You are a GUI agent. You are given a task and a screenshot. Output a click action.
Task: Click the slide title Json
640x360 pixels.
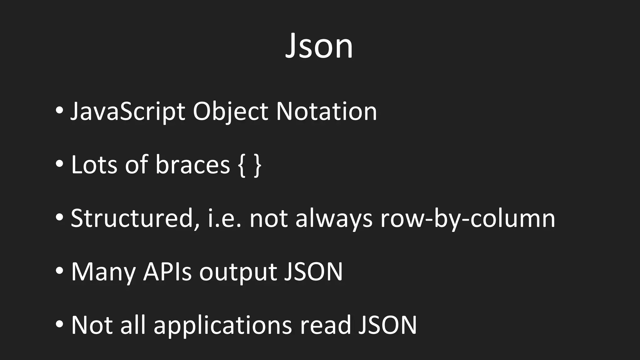tap(319, 46)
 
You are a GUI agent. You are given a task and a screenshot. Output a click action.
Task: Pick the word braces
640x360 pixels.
tap(192, 165)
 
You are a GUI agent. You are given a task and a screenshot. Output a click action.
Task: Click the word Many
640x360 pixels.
tap(103, 272)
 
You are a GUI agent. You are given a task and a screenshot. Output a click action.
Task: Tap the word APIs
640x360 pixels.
tap(167, 272)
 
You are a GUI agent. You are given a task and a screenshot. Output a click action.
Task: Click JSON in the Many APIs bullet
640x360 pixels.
tap(313, 272)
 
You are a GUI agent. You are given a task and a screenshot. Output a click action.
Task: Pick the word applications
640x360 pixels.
tap(222, 325)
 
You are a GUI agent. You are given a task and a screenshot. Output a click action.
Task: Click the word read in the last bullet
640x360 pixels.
tap(325, 325)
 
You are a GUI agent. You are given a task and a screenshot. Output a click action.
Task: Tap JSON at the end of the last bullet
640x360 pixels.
tap(387, 325)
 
